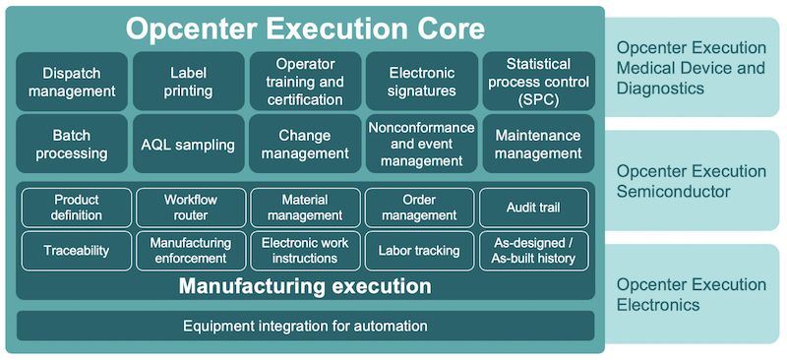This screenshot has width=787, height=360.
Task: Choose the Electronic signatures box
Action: [x=421, y=82]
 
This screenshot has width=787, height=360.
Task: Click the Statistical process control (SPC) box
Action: [x=538, y=82]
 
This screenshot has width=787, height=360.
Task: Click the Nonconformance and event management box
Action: [x=421, y=145]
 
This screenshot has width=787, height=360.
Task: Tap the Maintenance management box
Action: [x=538, y=145]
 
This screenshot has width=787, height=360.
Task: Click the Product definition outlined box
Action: [x=76, y=208]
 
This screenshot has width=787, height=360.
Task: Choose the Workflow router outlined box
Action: [x=190, y=208]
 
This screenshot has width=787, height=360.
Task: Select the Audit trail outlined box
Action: [x=533, y=208]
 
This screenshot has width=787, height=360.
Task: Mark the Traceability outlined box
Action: [x=76, y=251]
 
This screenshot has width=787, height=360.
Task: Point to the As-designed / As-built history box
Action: [x=533, y=251]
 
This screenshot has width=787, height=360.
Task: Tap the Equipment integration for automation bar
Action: [x=305, y=326]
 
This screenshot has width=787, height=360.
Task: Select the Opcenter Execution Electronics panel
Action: [x=693, y=295]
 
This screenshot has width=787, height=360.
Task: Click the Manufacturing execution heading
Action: [x=305, y=287]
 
